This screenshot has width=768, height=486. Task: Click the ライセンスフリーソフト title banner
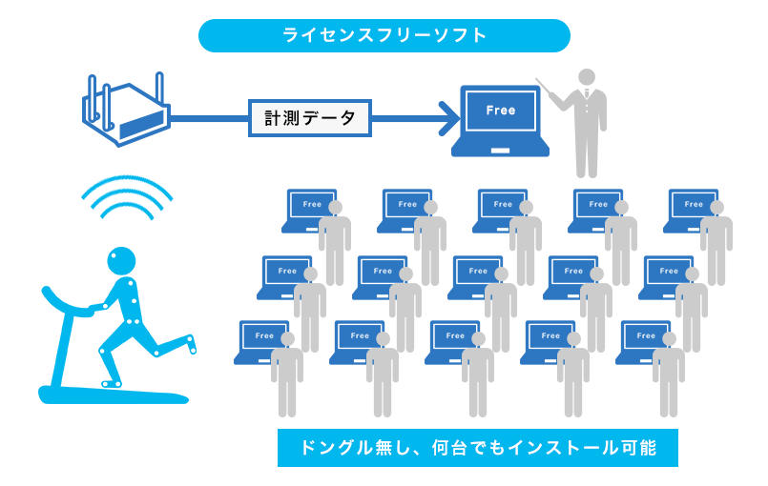(x=384, y=35)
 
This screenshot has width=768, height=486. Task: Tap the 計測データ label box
(x=309, y=118)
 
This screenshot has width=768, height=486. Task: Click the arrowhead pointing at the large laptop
(x=449, y=118)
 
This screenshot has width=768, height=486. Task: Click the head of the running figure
(x=121, y=261)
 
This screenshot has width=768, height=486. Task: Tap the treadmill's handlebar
(x=66, y=304)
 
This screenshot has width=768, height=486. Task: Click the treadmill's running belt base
(x=114, y=395)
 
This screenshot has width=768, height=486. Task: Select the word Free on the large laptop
(x=501, y=111)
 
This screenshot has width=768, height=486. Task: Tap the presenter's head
(x=587, y=77)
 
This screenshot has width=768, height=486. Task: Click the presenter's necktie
(x=587, y=93)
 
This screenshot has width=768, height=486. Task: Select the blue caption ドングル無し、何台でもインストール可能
(x=478, y=448)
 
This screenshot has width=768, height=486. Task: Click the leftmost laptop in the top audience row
(x=308, y=211)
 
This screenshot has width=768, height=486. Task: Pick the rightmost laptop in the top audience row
(x=690, y=211)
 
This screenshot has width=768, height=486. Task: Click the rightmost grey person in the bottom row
(x=669, y=375)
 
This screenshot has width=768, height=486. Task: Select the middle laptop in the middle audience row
(x=474, y=277)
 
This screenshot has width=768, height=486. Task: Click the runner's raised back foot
(x=191, y=343)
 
